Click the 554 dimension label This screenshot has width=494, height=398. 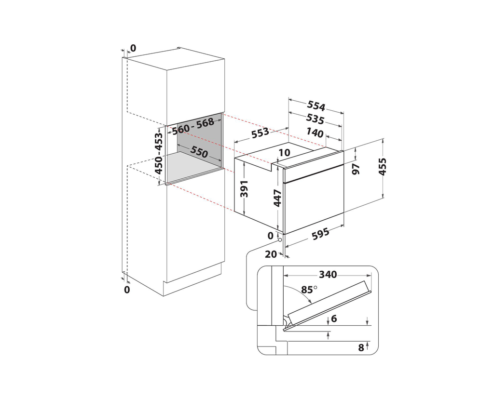(316, 106)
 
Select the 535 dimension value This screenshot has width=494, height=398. (315, 119)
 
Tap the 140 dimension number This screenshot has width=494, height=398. (315, 133)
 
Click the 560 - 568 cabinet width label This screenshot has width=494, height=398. (193, 126)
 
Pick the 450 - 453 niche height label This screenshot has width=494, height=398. (159, 153)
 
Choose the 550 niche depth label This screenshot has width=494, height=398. (199, 152)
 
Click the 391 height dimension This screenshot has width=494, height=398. (244, 188)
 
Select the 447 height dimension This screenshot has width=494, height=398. (277, 198)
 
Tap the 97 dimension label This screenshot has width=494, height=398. (356, 169)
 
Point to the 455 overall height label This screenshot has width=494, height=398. (383, 167)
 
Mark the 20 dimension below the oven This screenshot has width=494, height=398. (271, 254)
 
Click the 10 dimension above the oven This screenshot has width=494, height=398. (285, 153)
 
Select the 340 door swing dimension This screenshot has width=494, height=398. (328, 275)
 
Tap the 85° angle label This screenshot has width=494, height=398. (309, 289)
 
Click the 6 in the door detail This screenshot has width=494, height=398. (334, 318)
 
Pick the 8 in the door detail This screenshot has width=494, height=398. (361, 347)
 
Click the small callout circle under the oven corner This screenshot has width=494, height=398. (280, 240)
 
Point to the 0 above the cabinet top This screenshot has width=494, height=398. (133, 48)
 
